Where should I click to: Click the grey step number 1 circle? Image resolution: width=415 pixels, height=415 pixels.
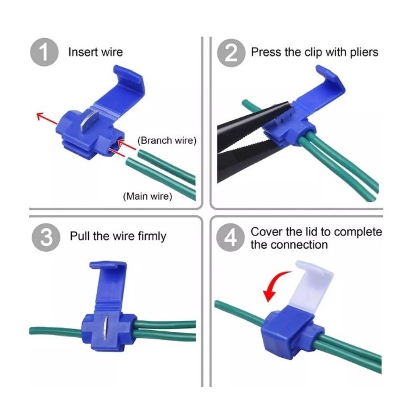(x=44, y=52)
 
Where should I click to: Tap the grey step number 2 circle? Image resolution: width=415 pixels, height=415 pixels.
(x=231, y=53)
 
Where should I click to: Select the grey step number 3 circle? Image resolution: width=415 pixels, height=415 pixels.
(x=46, y=237)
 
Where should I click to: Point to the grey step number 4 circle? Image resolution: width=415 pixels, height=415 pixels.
(x=230, y=237)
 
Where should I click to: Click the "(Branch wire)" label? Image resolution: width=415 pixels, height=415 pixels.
(x=167, y=140)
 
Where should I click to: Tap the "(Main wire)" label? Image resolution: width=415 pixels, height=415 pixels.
(x=147, y=196)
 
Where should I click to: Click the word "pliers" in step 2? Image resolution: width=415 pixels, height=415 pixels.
(x=364, y=52)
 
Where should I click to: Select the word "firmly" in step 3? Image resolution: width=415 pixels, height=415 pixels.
(x=152, y=236)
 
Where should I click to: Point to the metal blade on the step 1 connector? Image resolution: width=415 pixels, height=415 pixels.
(x=89, y=122)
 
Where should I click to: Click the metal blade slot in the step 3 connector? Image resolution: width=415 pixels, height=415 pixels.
(x=106, y=327)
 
